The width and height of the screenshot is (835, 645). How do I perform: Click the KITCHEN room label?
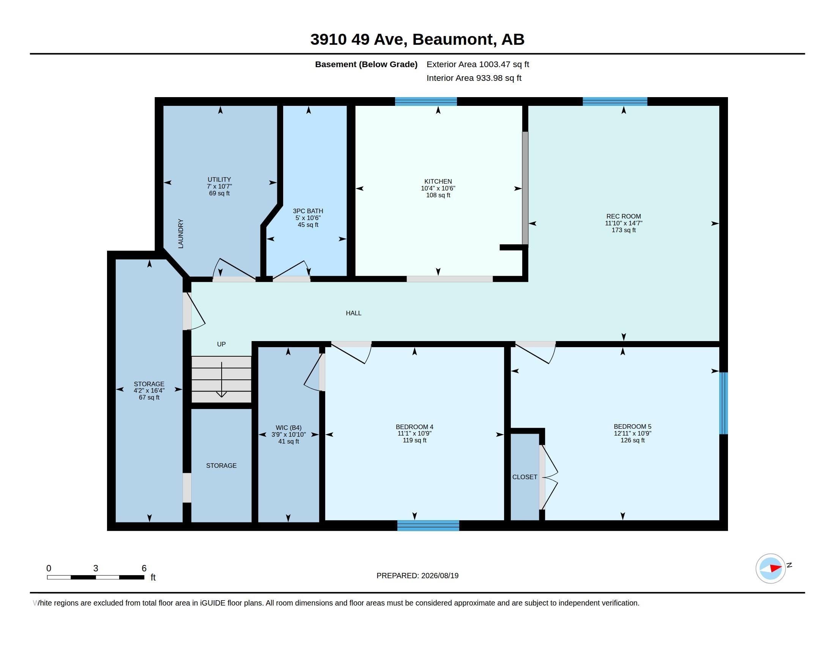pos(438,181)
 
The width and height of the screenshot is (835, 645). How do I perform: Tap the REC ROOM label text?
pos(623,216)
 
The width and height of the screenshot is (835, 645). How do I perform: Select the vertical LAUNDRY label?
pos(181,233)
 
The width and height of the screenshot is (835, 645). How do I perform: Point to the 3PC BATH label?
pos(308,211)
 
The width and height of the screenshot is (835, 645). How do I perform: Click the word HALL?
pos(353,313)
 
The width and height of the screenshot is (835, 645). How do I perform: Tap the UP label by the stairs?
pos(221,344)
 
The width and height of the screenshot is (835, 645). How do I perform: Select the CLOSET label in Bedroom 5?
pos(525,477)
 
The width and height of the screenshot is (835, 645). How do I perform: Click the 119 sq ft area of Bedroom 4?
pos(414,440)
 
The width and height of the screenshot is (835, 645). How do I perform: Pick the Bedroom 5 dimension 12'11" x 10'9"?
pos(632,433)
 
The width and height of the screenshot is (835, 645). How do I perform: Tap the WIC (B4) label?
pos(289,428)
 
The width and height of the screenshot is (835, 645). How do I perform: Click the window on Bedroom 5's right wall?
pos(723,403)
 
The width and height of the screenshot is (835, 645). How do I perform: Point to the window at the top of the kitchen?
pos(425,102)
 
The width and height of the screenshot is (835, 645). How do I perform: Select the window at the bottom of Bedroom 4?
pos(428,525)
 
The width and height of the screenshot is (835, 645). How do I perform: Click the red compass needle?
pos(775,568)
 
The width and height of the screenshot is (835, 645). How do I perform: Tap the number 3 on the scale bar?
pos(96,568)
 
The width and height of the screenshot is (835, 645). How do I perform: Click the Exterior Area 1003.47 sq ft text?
pos(477,64)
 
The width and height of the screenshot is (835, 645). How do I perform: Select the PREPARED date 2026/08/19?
pos(440,576)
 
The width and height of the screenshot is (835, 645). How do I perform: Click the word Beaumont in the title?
pos(453,39)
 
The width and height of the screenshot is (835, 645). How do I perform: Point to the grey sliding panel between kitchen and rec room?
pos(525,188)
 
